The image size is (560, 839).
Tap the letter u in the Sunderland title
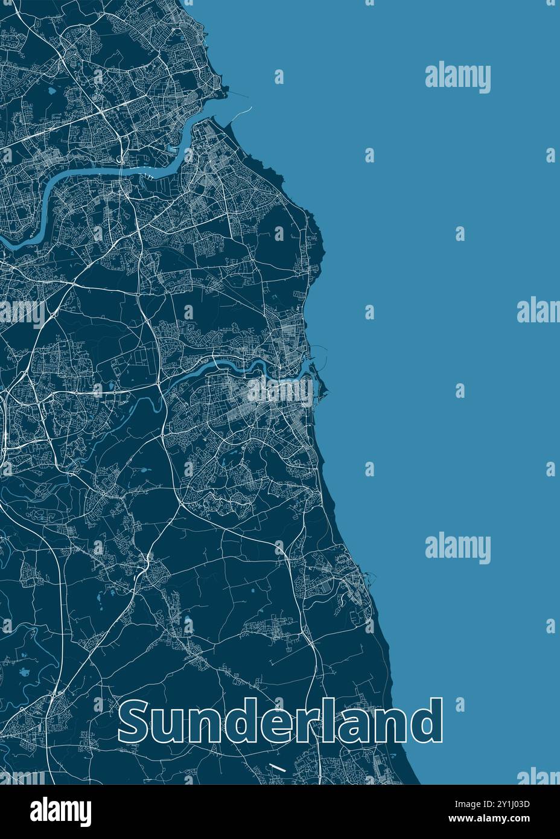[175, 727]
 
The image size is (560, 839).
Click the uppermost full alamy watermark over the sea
[457, 78]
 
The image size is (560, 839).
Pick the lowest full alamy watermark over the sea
[457, 548]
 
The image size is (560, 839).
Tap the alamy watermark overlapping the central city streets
[279, 391]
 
